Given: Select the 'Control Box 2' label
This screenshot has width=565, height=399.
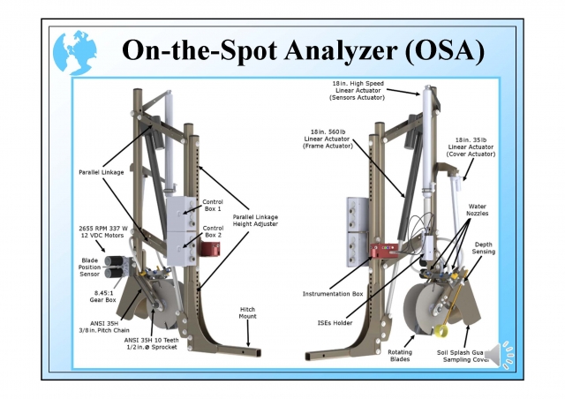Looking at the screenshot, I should click(x=213, y=232).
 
